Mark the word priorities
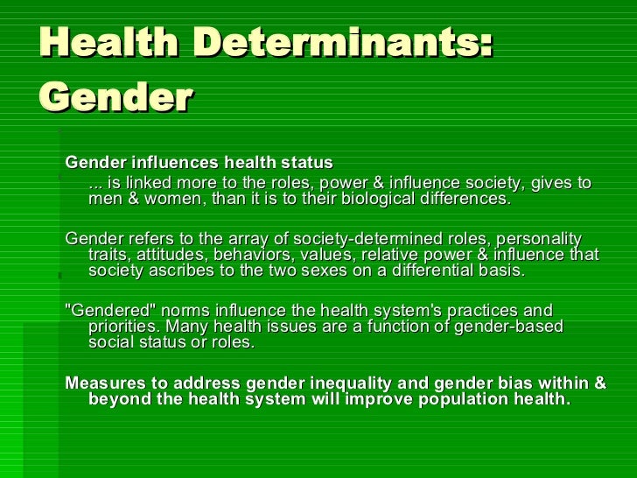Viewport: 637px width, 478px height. click(x=123, y=327)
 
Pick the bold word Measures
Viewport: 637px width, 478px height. click(x=103, y=383)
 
